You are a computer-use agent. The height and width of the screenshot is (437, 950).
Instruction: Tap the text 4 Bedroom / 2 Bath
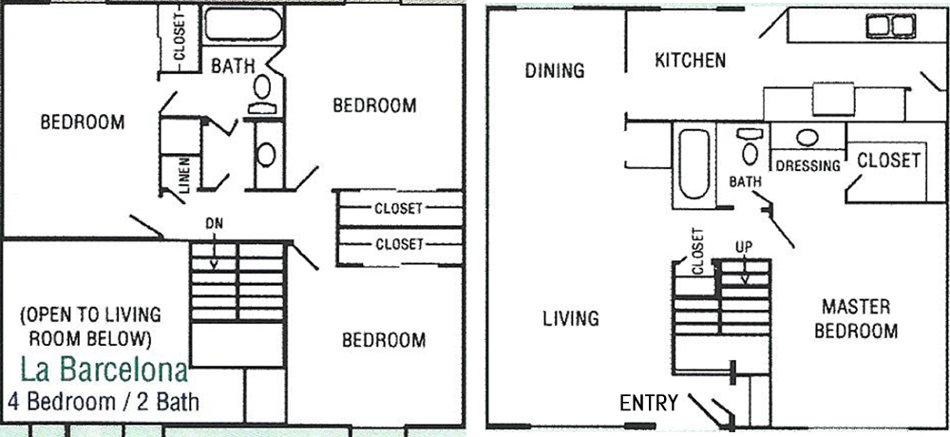point(104,401)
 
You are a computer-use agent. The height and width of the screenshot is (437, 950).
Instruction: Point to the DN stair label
point(214,223)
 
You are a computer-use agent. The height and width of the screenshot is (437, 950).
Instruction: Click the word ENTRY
point(648,403)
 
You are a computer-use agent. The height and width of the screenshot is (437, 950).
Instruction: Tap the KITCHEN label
point(690,60)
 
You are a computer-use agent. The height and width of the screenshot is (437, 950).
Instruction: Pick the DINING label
point(555,71)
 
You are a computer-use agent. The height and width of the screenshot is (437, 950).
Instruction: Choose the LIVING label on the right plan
point(571,318)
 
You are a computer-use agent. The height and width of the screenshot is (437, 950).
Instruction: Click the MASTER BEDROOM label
point(856,319)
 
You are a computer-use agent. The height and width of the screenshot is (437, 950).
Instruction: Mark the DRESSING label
point(808,165)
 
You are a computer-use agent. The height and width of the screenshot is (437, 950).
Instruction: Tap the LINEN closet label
point(185,175)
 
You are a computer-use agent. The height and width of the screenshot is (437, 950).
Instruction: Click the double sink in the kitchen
point(890,26)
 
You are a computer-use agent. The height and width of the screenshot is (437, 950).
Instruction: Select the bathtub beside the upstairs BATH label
point(243,25)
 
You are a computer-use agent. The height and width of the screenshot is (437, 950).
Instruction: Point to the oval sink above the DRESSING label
point(807,138)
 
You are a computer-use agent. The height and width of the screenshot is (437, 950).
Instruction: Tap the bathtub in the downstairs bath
point(693,164)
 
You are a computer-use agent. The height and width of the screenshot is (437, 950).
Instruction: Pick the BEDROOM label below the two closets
point(384,340)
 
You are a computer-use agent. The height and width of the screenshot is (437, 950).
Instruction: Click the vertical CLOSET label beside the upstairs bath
point(180,37)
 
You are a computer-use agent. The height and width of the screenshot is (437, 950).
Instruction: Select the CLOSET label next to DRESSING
point(889,161)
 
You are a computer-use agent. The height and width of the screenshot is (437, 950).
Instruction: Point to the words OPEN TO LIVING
point(91,315)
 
